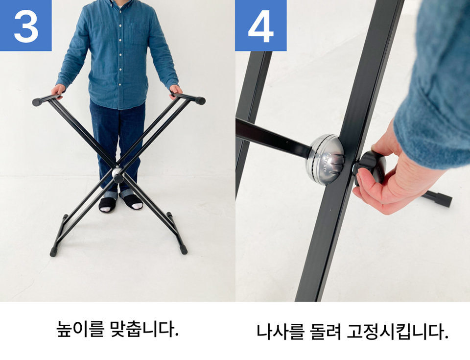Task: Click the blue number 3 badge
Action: [26, 25]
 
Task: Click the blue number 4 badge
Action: [260, 25]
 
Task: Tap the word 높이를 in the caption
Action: [80, 329]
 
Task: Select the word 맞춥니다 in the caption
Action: [144, 329]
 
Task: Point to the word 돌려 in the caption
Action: [325, 331]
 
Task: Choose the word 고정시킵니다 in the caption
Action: [398, 331]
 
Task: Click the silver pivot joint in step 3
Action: [117, 172]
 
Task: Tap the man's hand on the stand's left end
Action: [58, 90]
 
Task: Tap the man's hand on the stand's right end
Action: [176, 91]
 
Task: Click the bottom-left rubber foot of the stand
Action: [54, 252]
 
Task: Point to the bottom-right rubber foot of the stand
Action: [184, 249]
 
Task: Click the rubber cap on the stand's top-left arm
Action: [37, 102]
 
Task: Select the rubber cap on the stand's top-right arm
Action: [200, 100]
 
